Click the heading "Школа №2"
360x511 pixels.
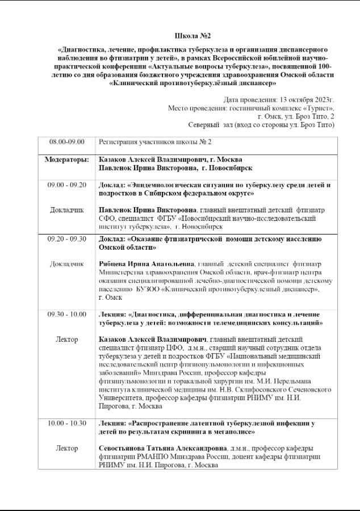pos(179,36)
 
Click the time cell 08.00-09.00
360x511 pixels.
pos(66,142)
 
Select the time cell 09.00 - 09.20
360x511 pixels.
pos(66,185)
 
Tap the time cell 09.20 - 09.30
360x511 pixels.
pos(66,239)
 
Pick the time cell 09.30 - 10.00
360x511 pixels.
pos(66,315)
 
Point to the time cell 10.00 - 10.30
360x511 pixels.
pos(66,423)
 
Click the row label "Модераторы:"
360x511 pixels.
pos(66,159)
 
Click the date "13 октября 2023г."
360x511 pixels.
pos(298,99)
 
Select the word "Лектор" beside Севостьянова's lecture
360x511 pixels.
pos(66,448)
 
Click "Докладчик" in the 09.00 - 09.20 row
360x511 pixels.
pos(66,210)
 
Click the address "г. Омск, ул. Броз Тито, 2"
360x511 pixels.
pos(295,116)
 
